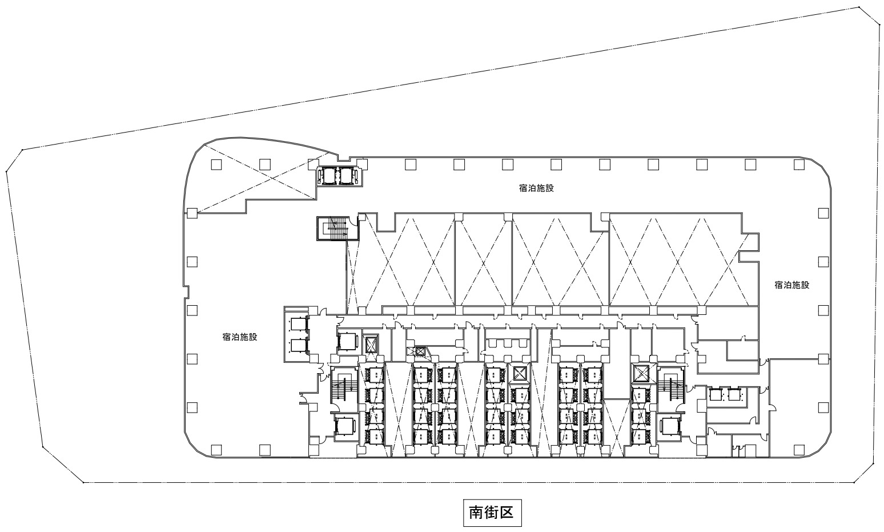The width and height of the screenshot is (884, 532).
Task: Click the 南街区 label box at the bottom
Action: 492,513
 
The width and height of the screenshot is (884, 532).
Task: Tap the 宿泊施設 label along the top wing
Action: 536,189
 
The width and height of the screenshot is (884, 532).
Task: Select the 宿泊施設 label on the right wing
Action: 792,285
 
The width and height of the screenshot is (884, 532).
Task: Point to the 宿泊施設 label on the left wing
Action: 240,337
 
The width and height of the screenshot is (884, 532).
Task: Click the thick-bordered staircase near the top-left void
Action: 338,228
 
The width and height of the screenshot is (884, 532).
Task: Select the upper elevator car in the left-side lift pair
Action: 298,325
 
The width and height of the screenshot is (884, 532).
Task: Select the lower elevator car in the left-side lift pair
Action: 298,346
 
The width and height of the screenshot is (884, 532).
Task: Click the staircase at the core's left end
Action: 344,388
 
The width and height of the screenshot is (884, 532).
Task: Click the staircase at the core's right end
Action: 670,388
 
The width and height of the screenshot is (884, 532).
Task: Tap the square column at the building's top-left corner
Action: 216,165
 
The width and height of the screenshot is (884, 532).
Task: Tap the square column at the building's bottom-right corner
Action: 799,450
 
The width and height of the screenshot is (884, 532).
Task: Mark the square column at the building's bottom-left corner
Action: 216,450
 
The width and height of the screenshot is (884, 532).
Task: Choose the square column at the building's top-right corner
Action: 799,165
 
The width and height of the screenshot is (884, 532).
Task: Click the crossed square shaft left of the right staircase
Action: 641,373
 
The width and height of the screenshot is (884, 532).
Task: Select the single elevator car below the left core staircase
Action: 345,426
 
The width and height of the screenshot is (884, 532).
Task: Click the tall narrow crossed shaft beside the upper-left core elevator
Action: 371,345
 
